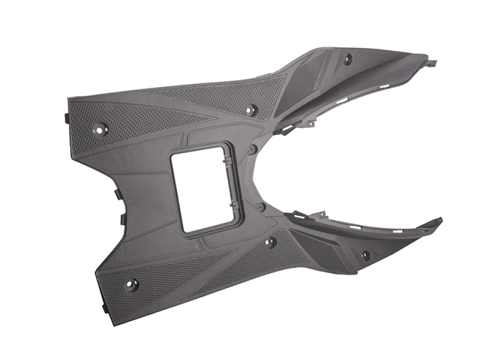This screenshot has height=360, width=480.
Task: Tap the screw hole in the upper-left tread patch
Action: pos(100,128)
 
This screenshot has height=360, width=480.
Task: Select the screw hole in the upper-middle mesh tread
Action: pos(251,109)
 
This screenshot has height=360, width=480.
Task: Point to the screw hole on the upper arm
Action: pos(347,58)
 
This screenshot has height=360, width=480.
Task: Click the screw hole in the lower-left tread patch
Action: pos(132,285)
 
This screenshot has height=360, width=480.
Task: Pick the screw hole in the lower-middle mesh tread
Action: pos(270,242)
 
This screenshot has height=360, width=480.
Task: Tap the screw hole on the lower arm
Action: pos(365,255)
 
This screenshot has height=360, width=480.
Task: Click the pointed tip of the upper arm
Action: pos(433,63)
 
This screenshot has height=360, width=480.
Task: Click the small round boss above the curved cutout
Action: pos(253,148)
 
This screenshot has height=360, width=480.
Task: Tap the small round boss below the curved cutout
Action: pos(260,206)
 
